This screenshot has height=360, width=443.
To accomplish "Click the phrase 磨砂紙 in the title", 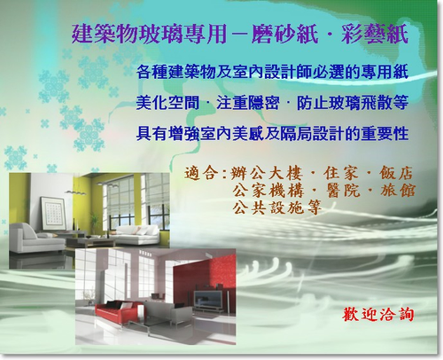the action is click(285, 35).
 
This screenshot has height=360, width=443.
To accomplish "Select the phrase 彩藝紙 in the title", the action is click(375, 35).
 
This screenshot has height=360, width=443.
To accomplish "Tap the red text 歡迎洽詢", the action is click(378, 314).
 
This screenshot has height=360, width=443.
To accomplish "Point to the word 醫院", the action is click(343, 191).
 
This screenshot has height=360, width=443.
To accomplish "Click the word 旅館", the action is click(398, 191).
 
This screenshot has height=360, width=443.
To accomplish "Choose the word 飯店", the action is click(396, 173).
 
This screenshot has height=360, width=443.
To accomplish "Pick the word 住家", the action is click(340, 173).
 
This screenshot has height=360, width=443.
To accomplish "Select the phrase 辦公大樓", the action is click(267, 173).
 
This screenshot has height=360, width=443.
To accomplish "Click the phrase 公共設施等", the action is click(276, 207).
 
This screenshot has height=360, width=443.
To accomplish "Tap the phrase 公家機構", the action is click(268, 191).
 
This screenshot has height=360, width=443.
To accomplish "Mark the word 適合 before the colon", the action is click(202, 173).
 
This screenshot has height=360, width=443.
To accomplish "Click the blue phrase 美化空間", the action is click(167, 103).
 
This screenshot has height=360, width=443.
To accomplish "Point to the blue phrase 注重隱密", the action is click(248, 103).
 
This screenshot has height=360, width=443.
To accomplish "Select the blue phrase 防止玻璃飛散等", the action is click(353, 103).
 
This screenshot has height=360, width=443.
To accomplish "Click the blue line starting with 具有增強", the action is click(272, 134).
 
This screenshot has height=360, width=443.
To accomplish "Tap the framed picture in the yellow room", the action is click(53, 213).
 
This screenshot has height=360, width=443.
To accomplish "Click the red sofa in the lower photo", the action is click(117, 309).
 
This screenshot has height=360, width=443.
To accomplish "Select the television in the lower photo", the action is click(209, 300).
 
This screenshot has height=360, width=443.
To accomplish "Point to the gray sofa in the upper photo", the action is click(35, 239).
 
